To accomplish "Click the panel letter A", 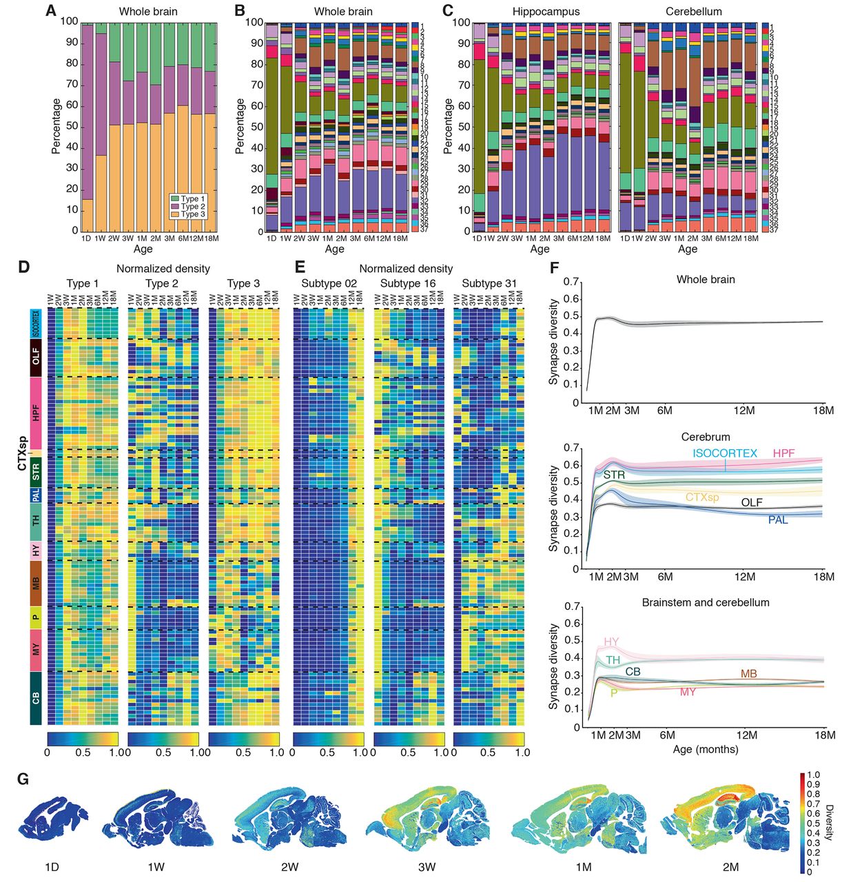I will pyautogui.click(x=51, y=11).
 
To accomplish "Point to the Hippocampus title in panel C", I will pyautogui.click(x=546, y=12).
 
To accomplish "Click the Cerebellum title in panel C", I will pyautogui.click(x=693, y=12).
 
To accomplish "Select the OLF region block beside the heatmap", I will pyautogui.click(x=36, y=357).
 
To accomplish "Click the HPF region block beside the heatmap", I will pyautogui.click(x=36, y=412).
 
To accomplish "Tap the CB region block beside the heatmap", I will pyautogui.click(x=36, y=698).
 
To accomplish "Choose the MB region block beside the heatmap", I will pyautogui.click(x=36, y=583).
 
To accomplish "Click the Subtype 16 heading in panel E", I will pyautogui.click(x=408, y=283).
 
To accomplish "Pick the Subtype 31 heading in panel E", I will pyautogui.click(x=489, y=283).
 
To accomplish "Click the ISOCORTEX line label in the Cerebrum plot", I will pyautogui.click(x=724, y=453).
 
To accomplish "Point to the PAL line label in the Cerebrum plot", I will pyautogui.click(x=778, y=520).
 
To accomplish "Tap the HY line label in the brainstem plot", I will pyautogui.click(x=611, y=642).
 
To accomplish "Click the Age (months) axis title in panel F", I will pyautogui.click(x=706, y=749).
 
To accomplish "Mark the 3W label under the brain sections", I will pyautogui.click(x=427, y=867).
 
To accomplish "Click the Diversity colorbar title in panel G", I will pyautogui.click(x=829, y=823).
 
